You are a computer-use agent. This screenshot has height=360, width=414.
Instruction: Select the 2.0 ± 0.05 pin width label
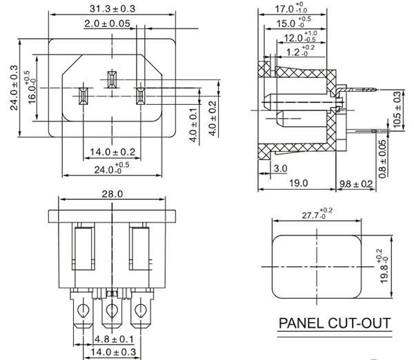click(x=108, y=23)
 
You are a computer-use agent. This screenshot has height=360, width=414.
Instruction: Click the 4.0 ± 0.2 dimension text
click(x=212, y=119)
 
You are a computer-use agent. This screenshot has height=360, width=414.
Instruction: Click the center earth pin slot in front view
click(x=110, y=81)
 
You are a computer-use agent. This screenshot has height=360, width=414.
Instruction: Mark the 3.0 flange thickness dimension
click(x=281, y=169)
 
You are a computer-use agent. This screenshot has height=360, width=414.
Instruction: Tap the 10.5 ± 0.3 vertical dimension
click(x=397, y=108)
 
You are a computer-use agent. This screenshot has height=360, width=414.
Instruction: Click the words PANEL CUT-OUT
click(x=334, y=323)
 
